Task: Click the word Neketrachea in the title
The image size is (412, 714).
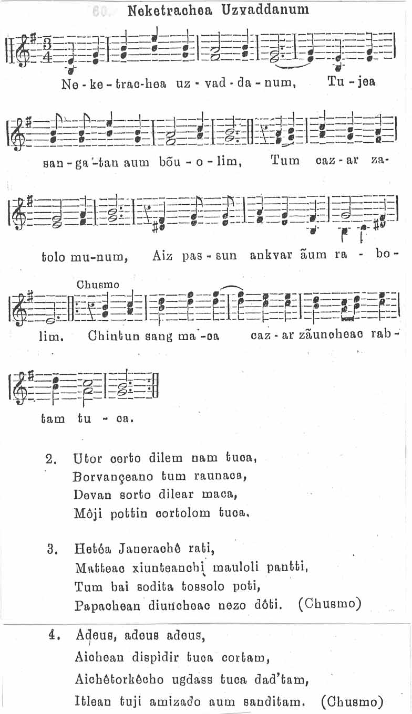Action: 168,9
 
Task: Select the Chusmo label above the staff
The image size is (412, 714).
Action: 98,285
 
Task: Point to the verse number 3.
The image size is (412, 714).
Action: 51,550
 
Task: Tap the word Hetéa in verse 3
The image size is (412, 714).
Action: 91,550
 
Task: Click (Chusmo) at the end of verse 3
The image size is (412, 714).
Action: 330,604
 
